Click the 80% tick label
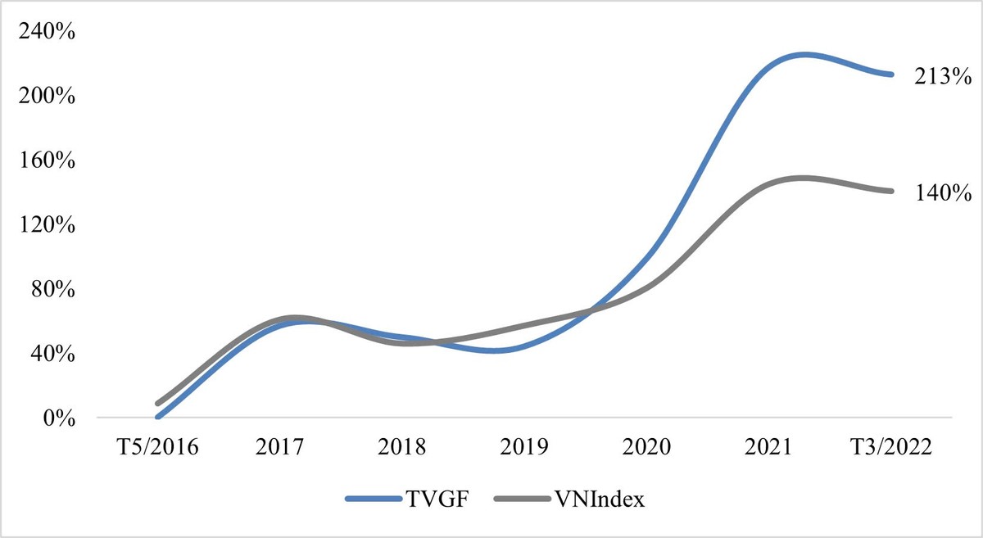tap(48, 290)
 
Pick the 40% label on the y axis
tap(48, 354)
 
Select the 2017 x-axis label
tap(280, 447)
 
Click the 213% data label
tap(943, 78)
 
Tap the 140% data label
tap(943, 194)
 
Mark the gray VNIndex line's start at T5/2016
tap(157, 404)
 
